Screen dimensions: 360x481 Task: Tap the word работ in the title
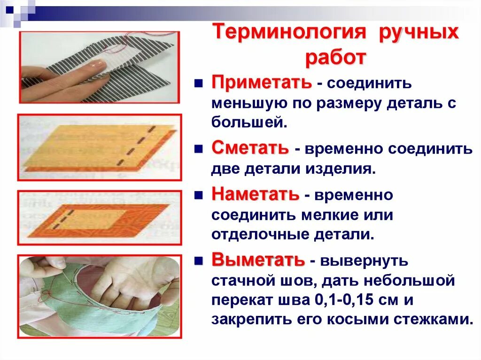click(x=335, y=58)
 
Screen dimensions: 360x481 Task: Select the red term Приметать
click(x=261, y=83)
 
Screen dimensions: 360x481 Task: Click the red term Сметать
click(x=250, y=148)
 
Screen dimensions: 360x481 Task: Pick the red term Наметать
click(x=255, y=194)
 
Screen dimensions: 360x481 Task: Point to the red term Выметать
click(x=258, y=259)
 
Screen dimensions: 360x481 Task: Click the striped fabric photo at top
click(x=100, y=67)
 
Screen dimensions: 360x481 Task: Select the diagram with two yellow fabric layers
click(x=99, y=147)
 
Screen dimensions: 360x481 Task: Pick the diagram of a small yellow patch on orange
click(x=99, y=217)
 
